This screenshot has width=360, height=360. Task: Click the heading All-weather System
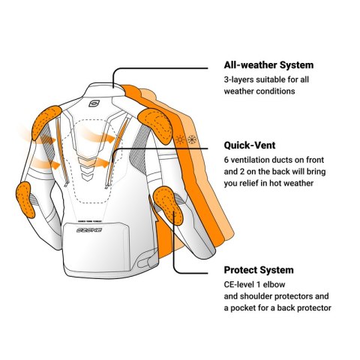(268, 65)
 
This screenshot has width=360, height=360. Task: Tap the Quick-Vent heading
(250, 145)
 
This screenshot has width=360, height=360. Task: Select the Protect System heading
(259, 270)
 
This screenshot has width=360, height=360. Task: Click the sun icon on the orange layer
(180, 139)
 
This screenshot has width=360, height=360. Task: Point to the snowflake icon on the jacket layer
(192, 139)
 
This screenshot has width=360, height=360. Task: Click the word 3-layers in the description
(238, 80)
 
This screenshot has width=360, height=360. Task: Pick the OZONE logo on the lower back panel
(89, 229)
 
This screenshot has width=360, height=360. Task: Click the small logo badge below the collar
(94, 103)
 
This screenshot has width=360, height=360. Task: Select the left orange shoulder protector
(46, 122)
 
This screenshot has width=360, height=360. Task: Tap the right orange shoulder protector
(155, 125)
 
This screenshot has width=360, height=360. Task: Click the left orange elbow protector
(25, 199)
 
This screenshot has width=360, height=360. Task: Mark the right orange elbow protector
(167, 205)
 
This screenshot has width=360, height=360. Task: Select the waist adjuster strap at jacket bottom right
(147, 261)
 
